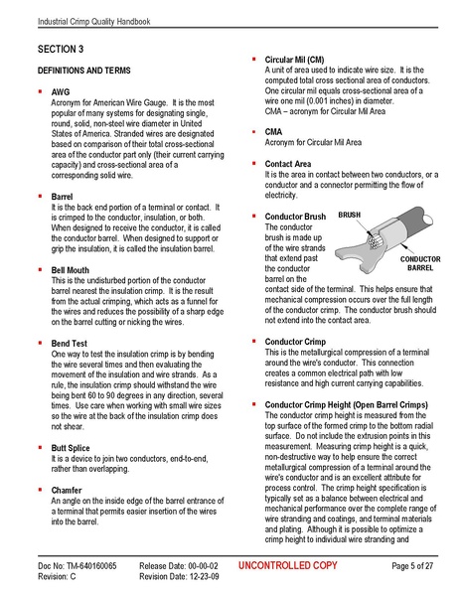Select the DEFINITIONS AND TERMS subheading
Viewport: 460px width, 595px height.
tap(84, 73)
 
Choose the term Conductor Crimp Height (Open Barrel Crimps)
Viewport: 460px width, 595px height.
tap(344, 405)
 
